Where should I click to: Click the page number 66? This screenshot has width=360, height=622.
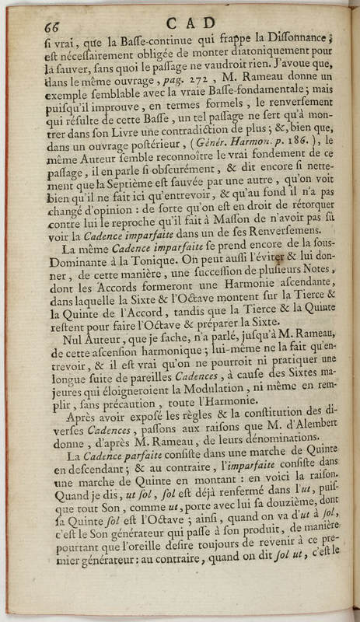pos(54,24)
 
